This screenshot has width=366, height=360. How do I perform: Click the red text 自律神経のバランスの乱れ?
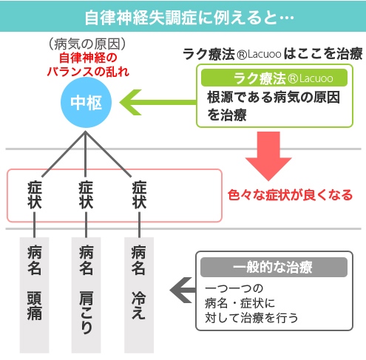click(89, 64)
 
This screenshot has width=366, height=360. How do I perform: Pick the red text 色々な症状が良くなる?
click(291, 196)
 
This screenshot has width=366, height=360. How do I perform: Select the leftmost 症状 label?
click(34, 196)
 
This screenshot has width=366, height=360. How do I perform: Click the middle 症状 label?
click(86, 196)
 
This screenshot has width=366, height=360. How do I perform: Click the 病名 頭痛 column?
click(34, 292)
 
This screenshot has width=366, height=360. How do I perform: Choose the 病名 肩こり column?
click(86, 292)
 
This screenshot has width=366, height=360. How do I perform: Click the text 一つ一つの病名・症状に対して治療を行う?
click(251, 304)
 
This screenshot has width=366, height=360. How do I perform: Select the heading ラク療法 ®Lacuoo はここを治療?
click(272, 53)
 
